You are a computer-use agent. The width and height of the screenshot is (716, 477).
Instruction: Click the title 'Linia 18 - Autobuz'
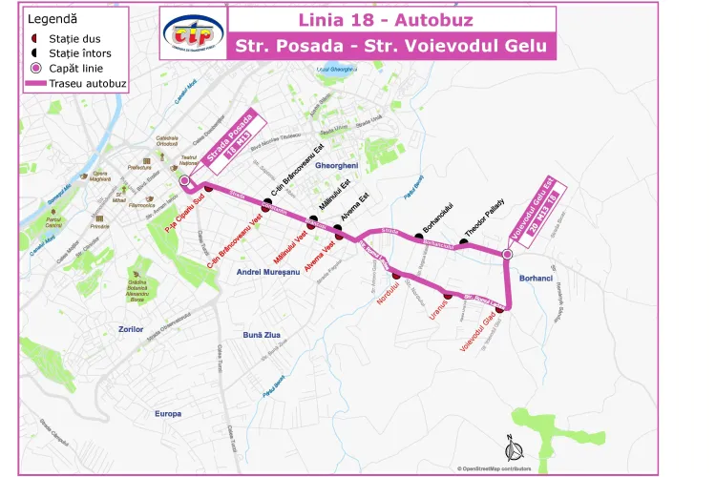tap(386, 20)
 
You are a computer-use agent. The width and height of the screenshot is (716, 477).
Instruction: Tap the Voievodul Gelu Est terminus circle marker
tap(508, 254)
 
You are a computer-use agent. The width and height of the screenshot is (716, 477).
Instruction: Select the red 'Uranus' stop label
tap(438, 309)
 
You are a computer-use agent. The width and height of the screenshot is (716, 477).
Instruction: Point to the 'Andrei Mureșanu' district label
tap(268, 273)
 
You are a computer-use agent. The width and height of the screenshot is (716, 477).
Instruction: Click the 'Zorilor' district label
tap(131, 329)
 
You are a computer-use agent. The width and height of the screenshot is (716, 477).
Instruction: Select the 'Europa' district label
tap(167, 414)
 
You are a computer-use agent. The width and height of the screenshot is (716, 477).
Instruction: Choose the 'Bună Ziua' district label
tap(262, 335)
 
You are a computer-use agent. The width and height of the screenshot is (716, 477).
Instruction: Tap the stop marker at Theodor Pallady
tap(463, 241)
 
